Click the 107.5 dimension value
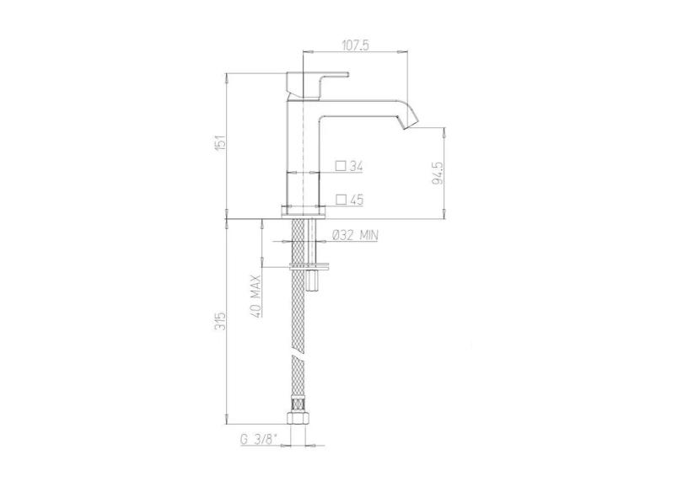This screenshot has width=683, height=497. [x=356, y=45]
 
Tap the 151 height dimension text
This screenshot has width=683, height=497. [x=222, y=142]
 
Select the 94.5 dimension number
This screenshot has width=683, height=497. [x=438, y=173]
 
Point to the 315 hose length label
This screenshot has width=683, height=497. [x=222, y=320]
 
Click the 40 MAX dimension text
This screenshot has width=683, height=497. [x=256, y=296]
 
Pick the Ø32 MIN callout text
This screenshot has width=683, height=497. [x=355, y=236]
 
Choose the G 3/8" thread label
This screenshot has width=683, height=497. [x=259, y=440]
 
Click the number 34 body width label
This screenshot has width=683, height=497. [x=357, y=166]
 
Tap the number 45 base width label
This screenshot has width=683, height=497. [x=357, y=200]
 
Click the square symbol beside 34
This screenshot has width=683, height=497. [x=341, y=166]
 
